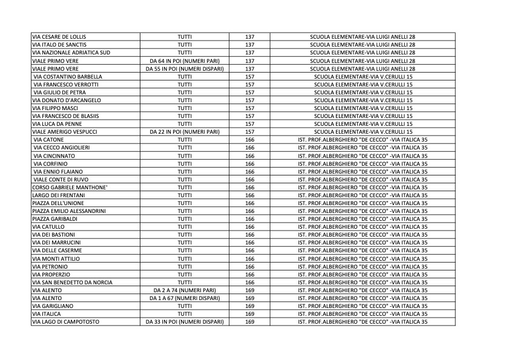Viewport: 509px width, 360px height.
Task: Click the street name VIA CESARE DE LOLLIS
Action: (59, 37)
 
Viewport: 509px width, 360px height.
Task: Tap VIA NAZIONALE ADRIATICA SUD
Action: (71, 53)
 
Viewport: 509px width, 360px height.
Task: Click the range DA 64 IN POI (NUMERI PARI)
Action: (185, 61)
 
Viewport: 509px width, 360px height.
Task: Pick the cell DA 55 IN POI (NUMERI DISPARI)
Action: (185, 69)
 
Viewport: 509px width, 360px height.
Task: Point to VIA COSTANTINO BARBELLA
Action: (68, 77)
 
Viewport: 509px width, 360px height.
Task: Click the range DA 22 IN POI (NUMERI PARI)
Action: (185, 131)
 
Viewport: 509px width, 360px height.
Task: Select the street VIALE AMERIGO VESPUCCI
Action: (65, 131)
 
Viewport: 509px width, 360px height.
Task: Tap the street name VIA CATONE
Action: (48, 140)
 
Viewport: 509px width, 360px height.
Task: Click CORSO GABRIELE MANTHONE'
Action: (70, 188)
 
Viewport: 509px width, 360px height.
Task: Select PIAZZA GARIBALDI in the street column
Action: (54, 218)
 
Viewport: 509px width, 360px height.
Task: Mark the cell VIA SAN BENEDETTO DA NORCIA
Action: (72, 283)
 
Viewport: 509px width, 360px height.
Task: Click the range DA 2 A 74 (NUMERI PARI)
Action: (185, 290)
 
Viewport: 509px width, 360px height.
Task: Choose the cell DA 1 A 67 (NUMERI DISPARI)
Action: (185, 298)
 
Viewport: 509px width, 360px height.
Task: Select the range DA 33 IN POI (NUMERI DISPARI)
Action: (185, 322)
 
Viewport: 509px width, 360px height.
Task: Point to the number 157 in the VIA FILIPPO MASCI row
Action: (249, 108)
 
